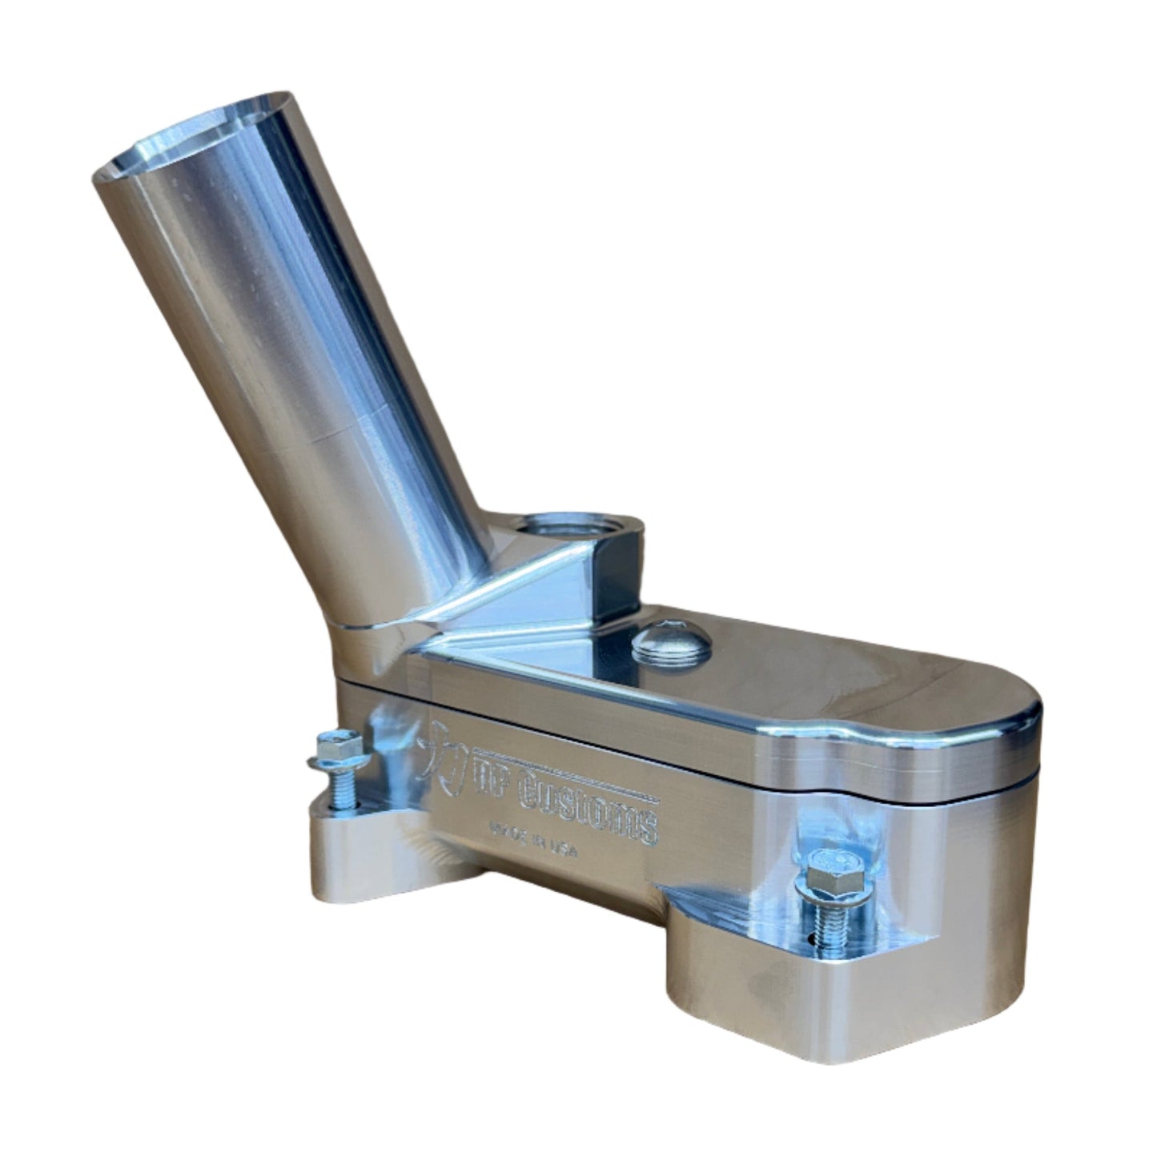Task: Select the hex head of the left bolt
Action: pyautogui.click(x=331, y=747)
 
